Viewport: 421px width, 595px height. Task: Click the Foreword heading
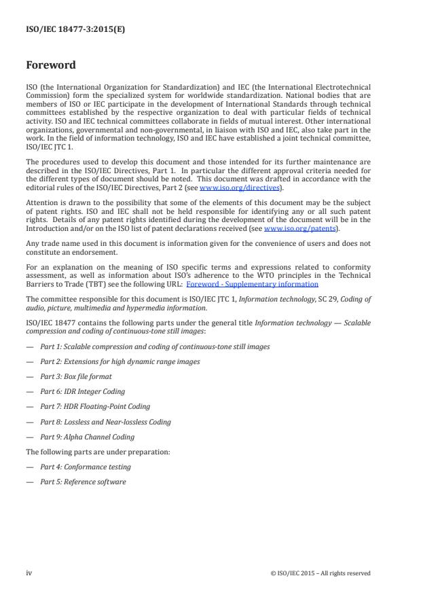tap(50, 67)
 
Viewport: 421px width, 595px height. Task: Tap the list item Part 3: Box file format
tap(76, 376)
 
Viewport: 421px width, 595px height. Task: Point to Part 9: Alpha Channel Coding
tap(87, 437)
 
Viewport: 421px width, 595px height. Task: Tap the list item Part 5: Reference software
tap(83, 482)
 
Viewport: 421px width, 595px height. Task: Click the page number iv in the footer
tap(29, 573)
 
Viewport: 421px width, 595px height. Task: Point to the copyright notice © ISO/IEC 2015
tap(320, 573)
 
